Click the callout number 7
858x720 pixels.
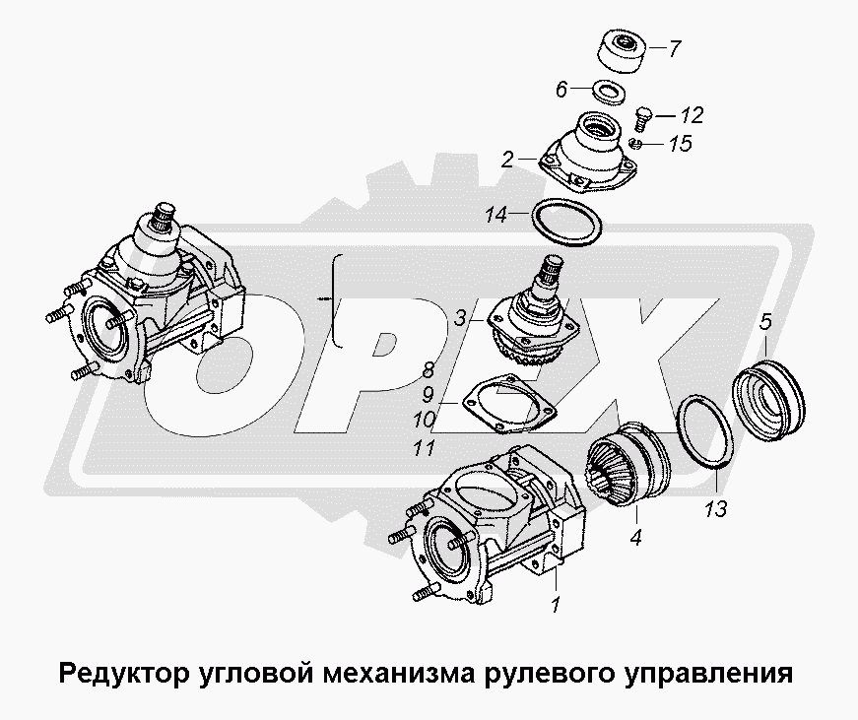675,49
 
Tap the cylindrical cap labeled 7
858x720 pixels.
623,52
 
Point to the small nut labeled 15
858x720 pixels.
635,144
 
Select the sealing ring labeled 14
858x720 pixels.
567,224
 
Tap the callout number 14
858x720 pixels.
496,215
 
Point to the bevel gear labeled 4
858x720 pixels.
628,464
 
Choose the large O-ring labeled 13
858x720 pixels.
705,432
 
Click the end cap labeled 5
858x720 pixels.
768,398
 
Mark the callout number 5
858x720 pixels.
765,321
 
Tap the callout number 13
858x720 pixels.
716,509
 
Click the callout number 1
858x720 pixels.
556,605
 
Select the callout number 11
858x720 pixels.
425,448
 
